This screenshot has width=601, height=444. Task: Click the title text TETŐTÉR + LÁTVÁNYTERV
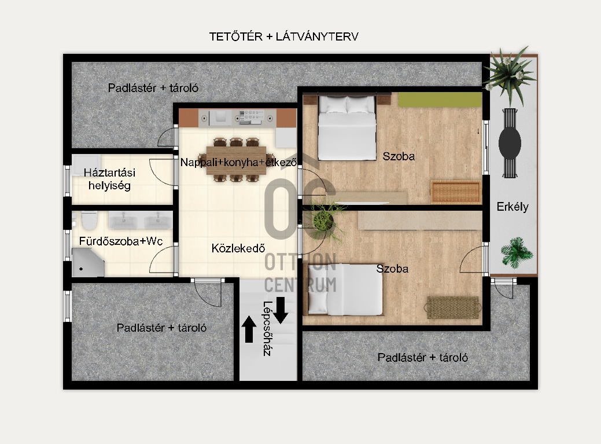(283, 36)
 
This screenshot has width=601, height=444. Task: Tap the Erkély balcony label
(512, 207)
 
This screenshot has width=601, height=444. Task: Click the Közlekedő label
(238, 248)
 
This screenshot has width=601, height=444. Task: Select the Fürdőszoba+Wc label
(121, 241)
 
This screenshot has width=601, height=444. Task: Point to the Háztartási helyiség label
(110, 179)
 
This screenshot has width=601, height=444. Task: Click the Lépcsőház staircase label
(268, 328)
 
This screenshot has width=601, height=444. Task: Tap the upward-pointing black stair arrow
(249, 329)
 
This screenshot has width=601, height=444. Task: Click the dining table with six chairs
(236, 160)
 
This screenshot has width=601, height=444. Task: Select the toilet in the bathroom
(89, 220)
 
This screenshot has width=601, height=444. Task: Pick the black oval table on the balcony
(510, 142)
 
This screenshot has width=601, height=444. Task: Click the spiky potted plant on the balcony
(510, 75)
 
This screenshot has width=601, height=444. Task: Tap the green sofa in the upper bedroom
(440, 100)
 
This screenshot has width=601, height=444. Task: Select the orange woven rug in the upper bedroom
(456, 192)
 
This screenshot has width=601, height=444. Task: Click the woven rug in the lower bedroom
(453, 307)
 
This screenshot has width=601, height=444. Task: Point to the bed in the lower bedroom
(345, 289)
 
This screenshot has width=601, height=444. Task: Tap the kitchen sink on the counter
(221, 117)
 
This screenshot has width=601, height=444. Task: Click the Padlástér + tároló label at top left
(153, 88)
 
